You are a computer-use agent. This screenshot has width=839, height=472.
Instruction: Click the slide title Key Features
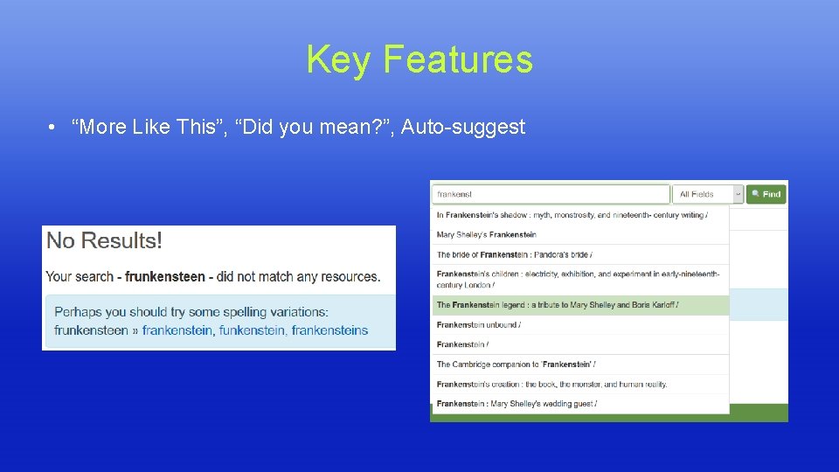(x=419, y=60)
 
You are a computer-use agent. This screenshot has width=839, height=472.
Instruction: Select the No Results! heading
(x=104, y=240)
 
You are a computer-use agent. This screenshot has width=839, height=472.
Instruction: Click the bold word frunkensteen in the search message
(x=164, y=276)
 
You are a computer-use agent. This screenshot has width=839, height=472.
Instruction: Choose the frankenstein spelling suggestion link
(x=177, y=330)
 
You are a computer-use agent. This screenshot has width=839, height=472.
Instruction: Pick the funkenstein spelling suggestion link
(x=252, y=330)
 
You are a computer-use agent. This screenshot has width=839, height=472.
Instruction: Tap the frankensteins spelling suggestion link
(x=329, y=330)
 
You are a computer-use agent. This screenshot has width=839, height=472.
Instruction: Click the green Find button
(x=766, y=194)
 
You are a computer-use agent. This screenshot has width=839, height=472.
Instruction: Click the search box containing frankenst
(x=551, y=194)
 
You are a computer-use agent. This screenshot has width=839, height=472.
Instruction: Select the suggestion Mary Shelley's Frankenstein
(x=487, y=234)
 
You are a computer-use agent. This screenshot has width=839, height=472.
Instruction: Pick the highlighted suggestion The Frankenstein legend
(x=558, y=305)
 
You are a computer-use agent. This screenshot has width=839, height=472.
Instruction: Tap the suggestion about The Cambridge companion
(x=516, y=364)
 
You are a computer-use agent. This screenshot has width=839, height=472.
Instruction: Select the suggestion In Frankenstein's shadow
(x=572, y=215)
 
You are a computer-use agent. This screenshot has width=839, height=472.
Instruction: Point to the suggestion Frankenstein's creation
(x=551, y=385)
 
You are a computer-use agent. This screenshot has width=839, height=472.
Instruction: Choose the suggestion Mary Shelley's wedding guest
(x=516, y=404)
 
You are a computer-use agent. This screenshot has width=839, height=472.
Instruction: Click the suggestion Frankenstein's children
(x=577, y=279)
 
